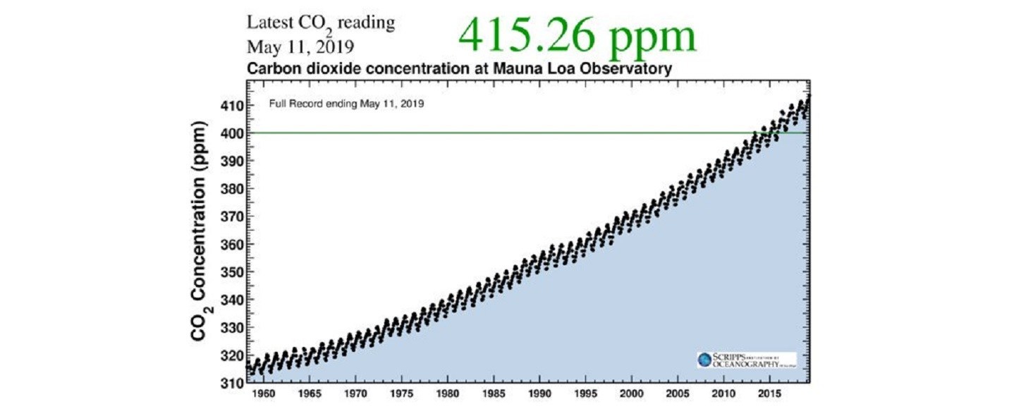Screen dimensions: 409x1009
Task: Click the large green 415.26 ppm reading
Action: (x=577, y=35)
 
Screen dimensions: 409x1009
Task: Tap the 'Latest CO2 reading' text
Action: (x=320, y=23)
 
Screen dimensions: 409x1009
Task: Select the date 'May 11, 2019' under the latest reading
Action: (x=300, y=47)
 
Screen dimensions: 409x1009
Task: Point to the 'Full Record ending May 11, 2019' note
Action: (x=346, y=103)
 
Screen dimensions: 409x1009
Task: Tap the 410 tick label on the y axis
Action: (x=229, y=106)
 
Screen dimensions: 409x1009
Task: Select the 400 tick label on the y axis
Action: (x=229, y=133)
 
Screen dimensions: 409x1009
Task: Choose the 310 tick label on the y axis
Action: (x=229, y=384)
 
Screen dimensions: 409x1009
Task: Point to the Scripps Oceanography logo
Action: (x=745, y=360)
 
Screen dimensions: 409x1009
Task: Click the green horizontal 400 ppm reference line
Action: (x=494, y=133)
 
